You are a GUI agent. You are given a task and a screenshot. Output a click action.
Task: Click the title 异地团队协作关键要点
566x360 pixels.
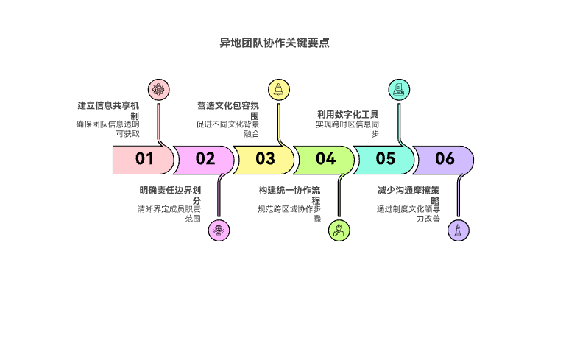[x=274, y=43]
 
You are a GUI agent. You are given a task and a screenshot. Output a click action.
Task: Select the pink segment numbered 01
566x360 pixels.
[x=143, y=158]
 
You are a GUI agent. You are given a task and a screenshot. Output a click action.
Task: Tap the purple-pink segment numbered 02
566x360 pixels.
[x=204, y=158]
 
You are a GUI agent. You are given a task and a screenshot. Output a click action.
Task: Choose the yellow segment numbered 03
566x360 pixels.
[x=264, y=158]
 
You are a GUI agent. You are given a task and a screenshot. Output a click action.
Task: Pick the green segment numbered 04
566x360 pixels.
[x=325, y=158]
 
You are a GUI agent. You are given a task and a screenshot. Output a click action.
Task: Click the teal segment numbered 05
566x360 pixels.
[x=385, y=158]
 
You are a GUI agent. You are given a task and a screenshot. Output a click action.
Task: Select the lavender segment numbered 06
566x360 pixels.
[x=445, y=158]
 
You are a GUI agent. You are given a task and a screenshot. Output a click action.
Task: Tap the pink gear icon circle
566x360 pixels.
[x=158, y=89]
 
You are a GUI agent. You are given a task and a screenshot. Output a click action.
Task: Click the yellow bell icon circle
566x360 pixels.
[x=278, y=89]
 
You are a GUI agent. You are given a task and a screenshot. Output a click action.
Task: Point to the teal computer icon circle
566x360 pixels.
[x=398, y=89]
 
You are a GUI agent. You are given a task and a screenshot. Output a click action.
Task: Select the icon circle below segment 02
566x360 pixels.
[x=218, y=230]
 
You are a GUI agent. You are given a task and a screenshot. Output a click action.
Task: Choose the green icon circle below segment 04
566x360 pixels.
[x=339, y=230]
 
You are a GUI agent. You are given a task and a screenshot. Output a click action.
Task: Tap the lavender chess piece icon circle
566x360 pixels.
[x=459, y=230]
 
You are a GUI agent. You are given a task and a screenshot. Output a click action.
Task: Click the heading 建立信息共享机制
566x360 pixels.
[x=109, y=110]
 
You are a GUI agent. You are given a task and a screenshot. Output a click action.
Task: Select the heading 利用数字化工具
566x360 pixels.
[x=347, y=114]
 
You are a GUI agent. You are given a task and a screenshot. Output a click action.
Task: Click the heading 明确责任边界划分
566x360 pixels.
[x=170, y=194]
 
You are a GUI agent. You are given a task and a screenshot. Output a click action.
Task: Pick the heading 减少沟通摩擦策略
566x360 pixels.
[x=408, y=194]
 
